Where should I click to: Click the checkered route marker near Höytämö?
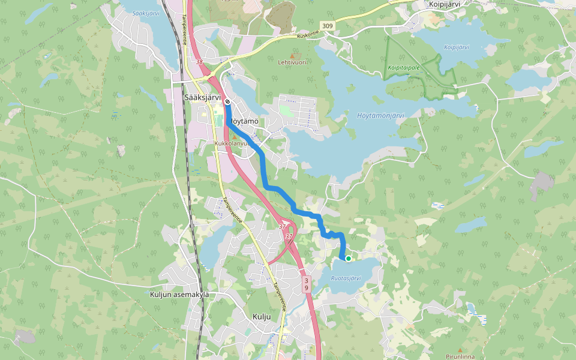pos(228,101)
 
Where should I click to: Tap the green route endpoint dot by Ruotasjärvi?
pos(348,259)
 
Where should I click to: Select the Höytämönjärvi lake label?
pos(380,115)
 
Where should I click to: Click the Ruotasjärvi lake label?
pos(346,278)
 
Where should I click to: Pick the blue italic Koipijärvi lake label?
pos(457,47)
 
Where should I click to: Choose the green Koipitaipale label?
pos(403,67)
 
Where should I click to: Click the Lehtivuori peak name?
pos(292,62)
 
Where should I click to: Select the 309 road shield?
pos(327,26)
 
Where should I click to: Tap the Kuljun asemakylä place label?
pos(179,295)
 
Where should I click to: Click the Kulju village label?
pos(262,316)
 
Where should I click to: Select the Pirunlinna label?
pos(460,356)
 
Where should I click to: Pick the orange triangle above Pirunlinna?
pos(460,350)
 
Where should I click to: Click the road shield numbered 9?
pos(306,290)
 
